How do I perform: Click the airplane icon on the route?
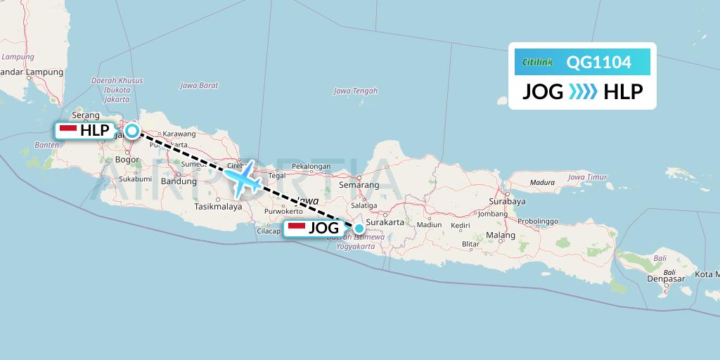pyautogui.click(x=243, y=179)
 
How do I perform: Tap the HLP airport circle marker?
pyautogui.click(x=131, y=130)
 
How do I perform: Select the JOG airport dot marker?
pyautogui.click(x=359, y=228)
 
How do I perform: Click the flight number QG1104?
pyautogui.click(x=598, y=63)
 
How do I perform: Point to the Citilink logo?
pyautogui.click(x=538, y=63)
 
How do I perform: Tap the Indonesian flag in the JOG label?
pyautogui.click(x=296, y=228)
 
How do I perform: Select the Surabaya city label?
pyautogui.click(x=507, y=200)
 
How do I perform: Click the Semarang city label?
pyautogui.click(x=359, y=185)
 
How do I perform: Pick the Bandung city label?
pyautogui.click(x=179, y=181)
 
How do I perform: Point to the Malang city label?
pyautogui.click(x=500, y=235)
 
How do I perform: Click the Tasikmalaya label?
pyautogui.click(x=218, y=207)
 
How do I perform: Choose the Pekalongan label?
pyautogui.click(x=311, y=167)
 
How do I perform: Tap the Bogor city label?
pyautogui.click(x=127, y=160)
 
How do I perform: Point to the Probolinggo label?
pyautogui.click(x=538, y=221)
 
